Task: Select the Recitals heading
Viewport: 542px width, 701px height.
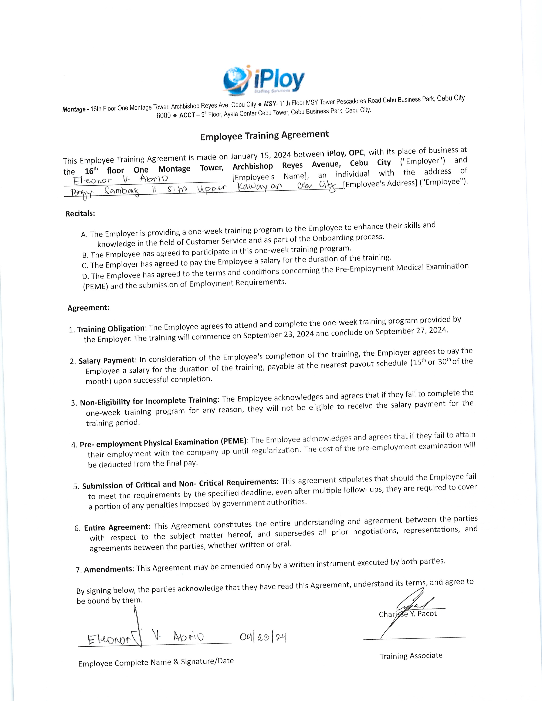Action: (80, 214)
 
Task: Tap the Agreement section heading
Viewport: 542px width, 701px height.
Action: (88, 308)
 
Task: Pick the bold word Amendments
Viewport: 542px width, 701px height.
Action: (108, 569)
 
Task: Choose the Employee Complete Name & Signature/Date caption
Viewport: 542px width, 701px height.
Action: (156, 662)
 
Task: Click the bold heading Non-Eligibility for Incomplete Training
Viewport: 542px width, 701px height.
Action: (149, 401)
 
